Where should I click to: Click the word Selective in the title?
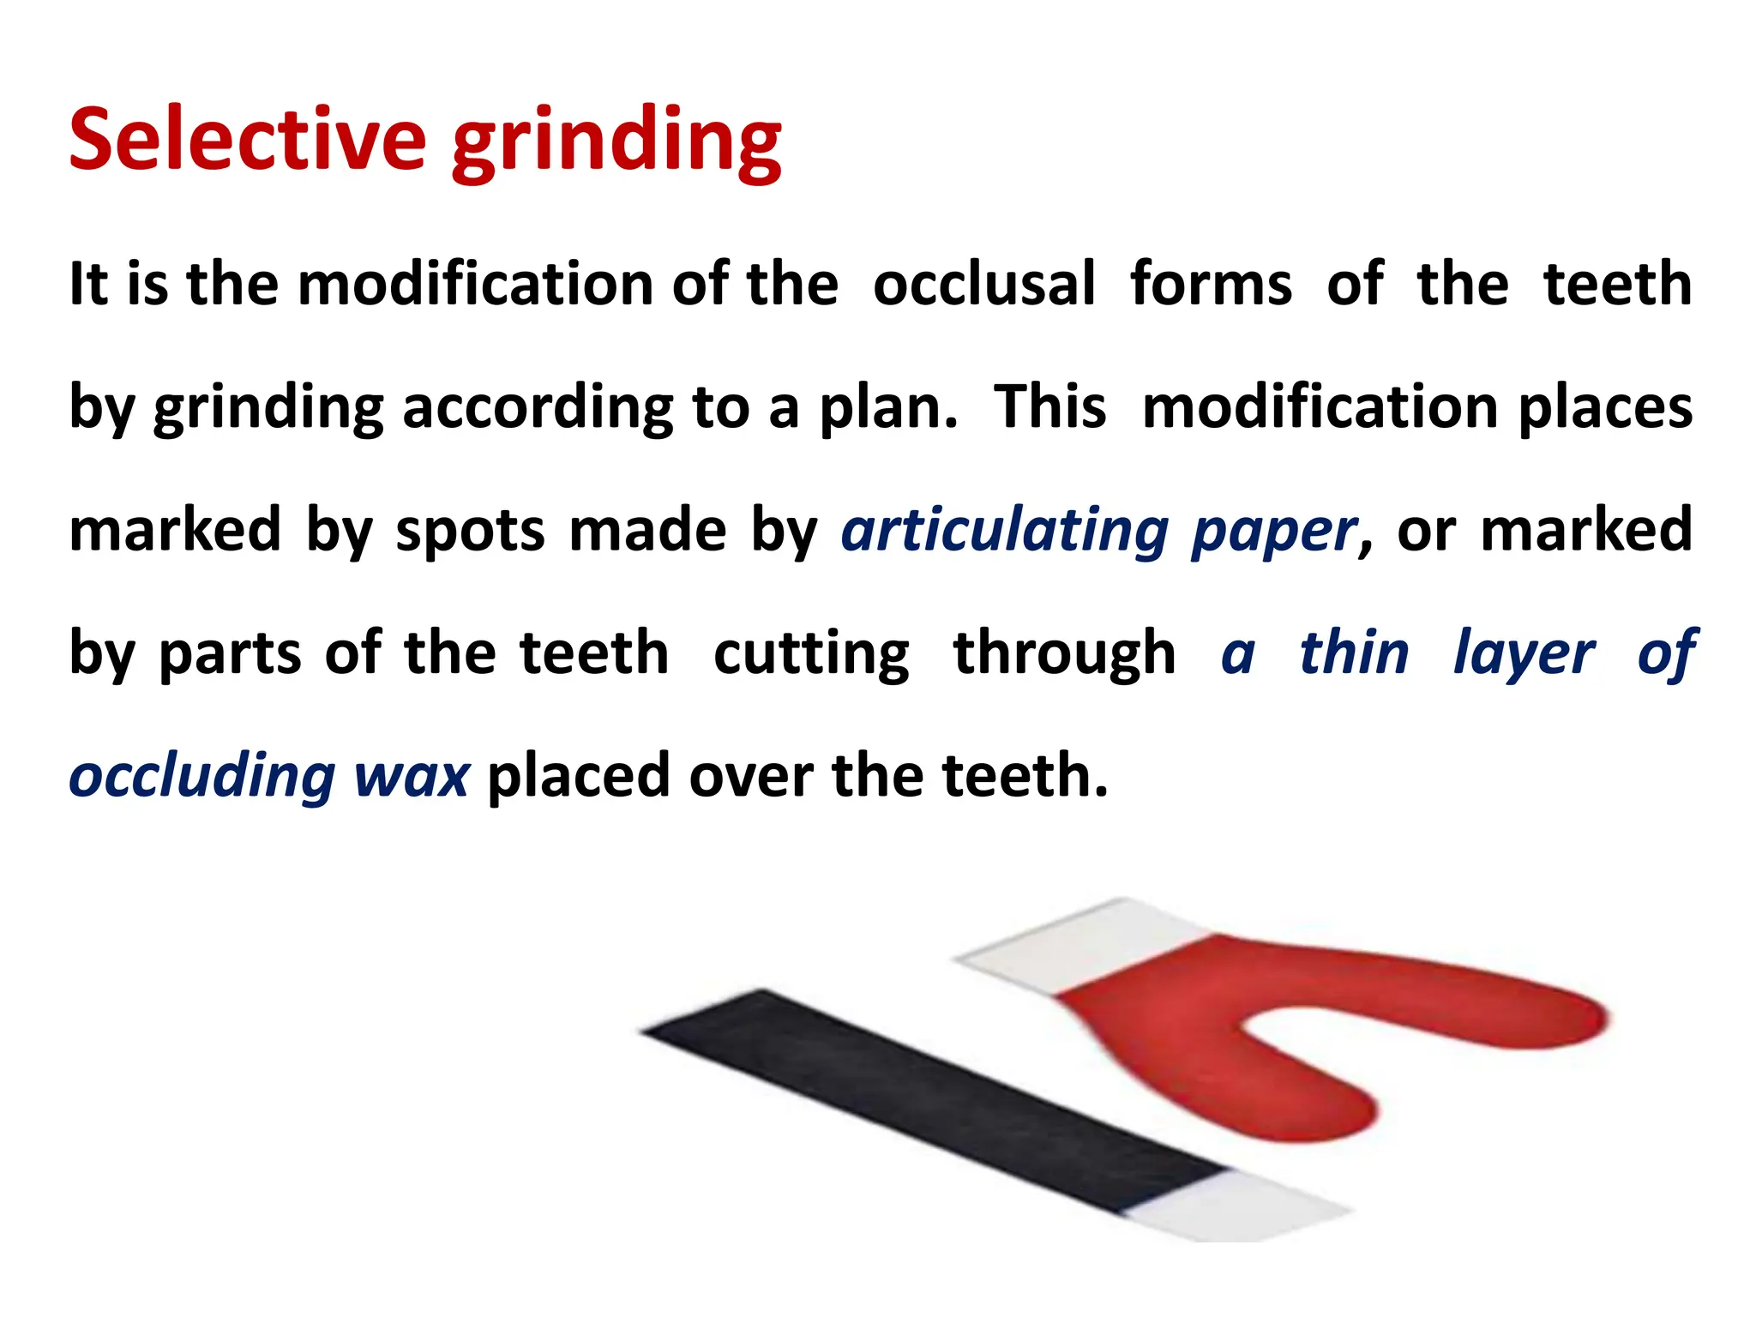pos(247,139)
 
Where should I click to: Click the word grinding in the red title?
pos(616,142)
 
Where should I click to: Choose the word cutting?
pos(811,654)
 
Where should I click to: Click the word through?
pos(1064,654)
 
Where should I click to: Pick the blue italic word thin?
pos(1354,652)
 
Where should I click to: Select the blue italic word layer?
pos(1524,654)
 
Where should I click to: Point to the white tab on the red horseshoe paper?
pos(1080,947)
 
